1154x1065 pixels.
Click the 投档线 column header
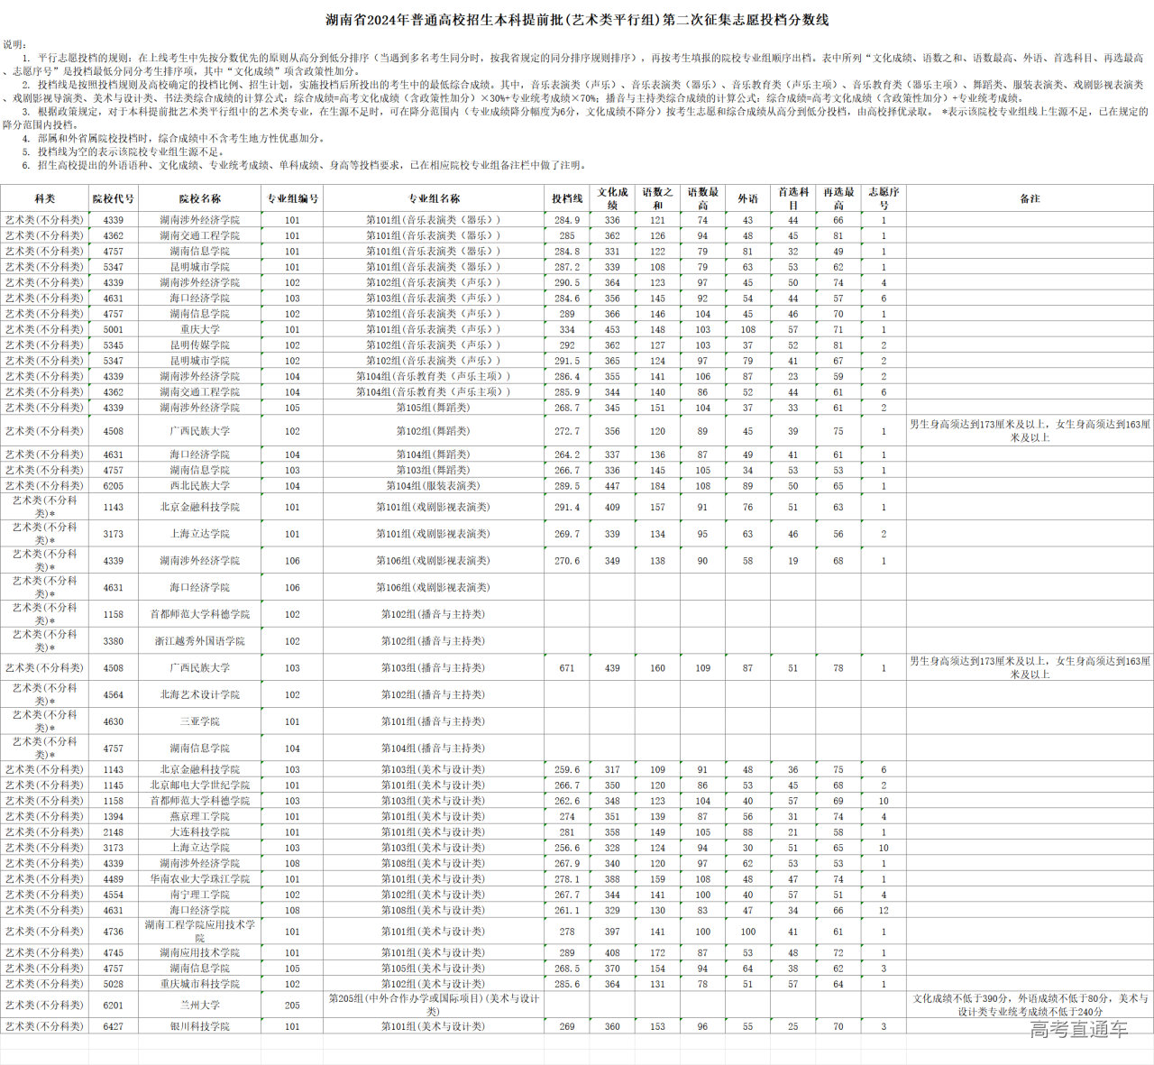567,198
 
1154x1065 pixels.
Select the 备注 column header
1030,198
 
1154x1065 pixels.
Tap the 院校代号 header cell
113,198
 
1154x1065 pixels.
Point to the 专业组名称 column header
434,198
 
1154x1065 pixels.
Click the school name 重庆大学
199,329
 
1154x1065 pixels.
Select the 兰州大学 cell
199,1005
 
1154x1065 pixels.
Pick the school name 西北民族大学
199,486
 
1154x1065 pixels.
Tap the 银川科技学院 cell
199,1026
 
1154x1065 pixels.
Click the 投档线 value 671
567,668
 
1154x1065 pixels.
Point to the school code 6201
113,1005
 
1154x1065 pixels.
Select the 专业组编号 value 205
292,1005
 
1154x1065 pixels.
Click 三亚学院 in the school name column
199,721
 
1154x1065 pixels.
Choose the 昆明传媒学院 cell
199,344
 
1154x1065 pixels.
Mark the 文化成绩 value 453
612,329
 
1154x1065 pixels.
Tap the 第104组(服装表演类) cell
434,486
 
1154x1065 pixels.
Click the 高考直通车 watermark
1078,1029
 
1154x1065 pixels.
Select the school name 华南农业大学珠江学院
199,879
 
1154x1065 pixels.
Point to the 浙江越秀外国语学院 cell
199,641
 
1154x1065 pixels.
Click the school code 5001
113,329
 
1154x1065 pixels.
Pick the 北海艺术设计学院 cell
199,695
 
